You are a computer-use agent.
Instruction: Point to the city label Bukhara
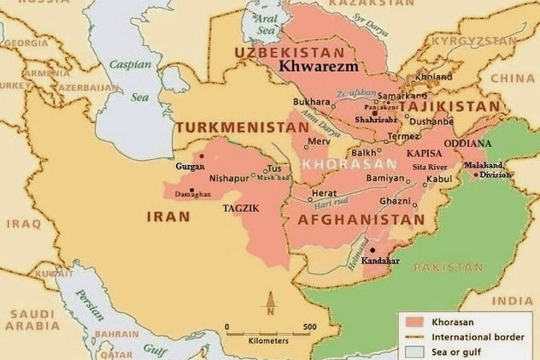(310, 101)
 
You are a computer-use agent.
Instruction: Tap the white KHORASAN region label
(350, 162)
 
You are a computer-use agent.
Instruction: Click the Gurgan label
(190, 166)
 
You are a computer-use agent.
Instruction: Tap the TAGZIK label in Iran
(241, 208)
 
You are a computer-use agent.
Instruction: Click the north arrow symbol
(271, 303)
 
